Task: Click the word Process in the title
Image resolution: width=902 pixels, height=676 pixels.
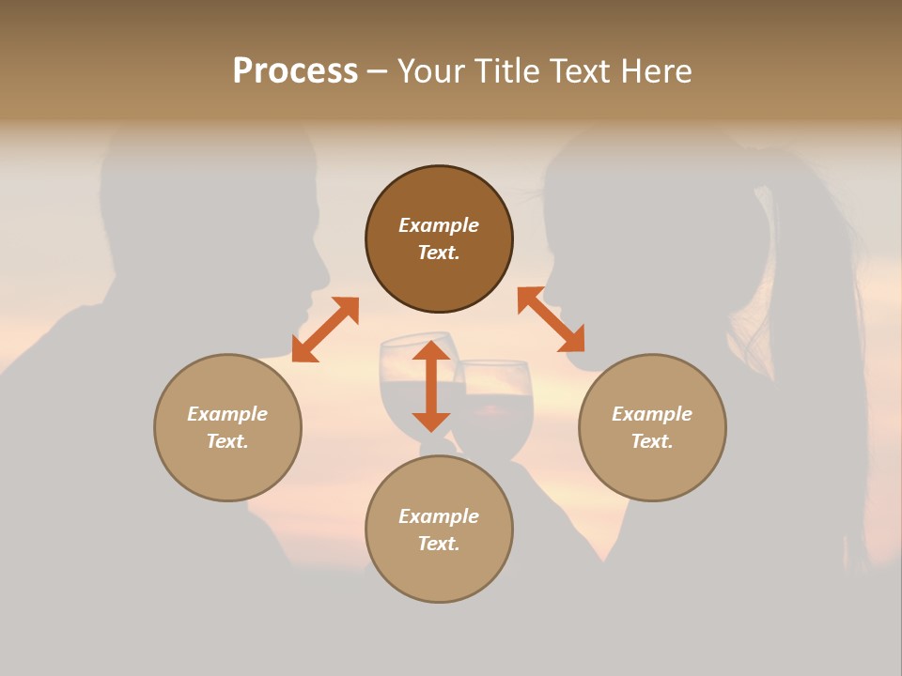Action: (x=295, y=71)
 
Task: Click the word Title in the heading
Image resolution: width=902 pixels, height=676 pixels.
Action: (x=508, y=71)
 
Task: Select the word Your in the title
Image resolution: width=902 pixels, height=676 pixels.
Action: (x=431, y=71)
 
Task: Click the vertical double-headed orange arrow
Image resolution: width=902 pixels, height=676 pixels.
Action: (x=431, y=386)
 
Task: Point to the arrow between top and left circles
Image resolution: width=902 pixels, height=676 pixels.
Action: (x=325, y=330)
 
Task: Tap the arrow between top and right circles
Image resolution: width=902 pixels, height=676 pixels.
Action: (x=551, y=319)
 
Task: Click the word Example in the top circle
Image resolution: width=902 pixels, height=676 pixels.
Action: (x=439, y=225)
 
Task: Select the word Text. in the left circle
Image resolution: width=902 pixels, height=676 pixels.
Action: (x=227, y=441)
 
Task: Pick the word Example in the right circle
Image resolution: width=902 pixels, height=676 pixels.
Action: (x=652, y=414)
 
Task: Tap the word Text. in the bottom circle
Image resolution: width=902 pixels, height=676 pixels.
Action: (x=439, y=544)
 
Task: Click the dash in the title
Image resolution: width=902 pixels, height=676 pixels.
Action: (x=378, y=71)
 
